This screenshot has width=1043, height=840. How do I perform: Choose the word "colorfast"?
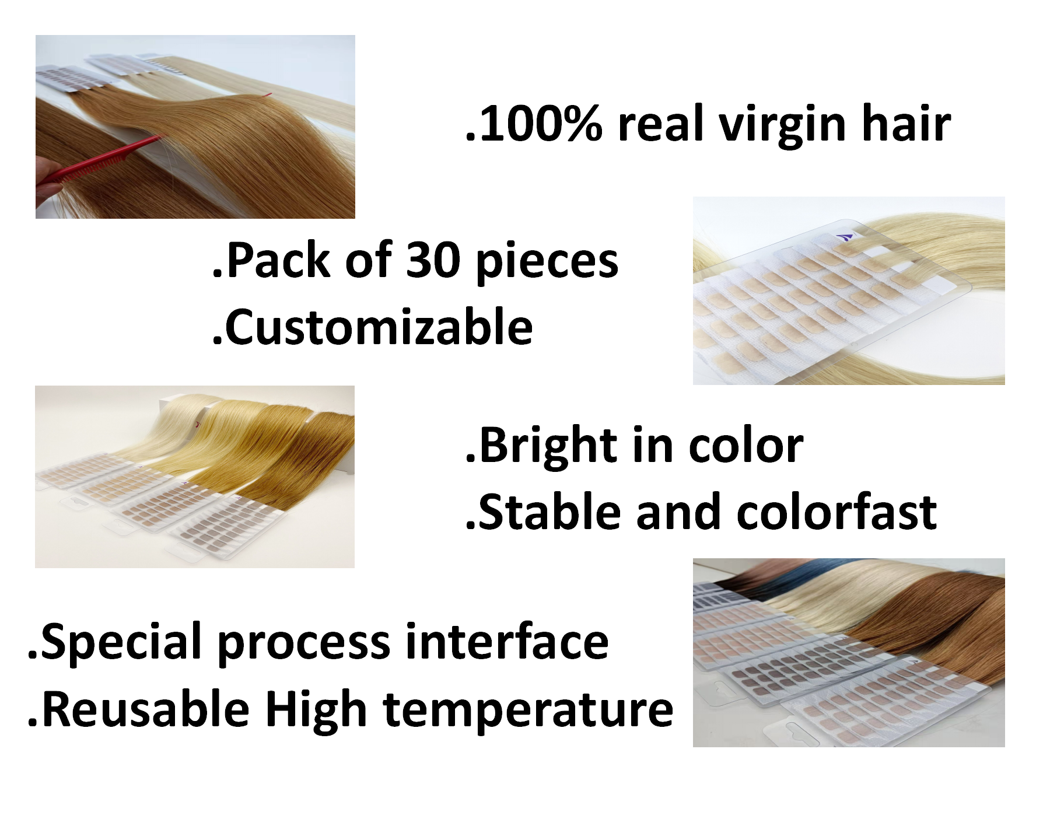pyautogui.click(x=836, y=513)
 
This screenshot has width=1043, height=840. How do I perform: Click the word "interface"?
pyautogui.click(x=506, y=642)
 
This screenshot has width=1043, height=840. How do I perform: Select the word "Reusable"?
pyautogui.click(x=146, y=709)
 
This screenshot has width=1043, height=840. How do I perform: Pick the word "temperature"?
pyautogui.click(x=528, y=710)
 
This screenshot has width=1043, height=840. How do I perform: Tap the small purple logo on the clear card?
pyautogui.click(x=845, y=237)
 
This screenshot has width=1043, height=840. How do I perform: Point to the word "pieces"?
pyautogui.click(x=547, y=262)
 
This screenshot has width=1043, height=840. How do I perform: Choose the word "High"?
pyautogui.click(x=316, y=710)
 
